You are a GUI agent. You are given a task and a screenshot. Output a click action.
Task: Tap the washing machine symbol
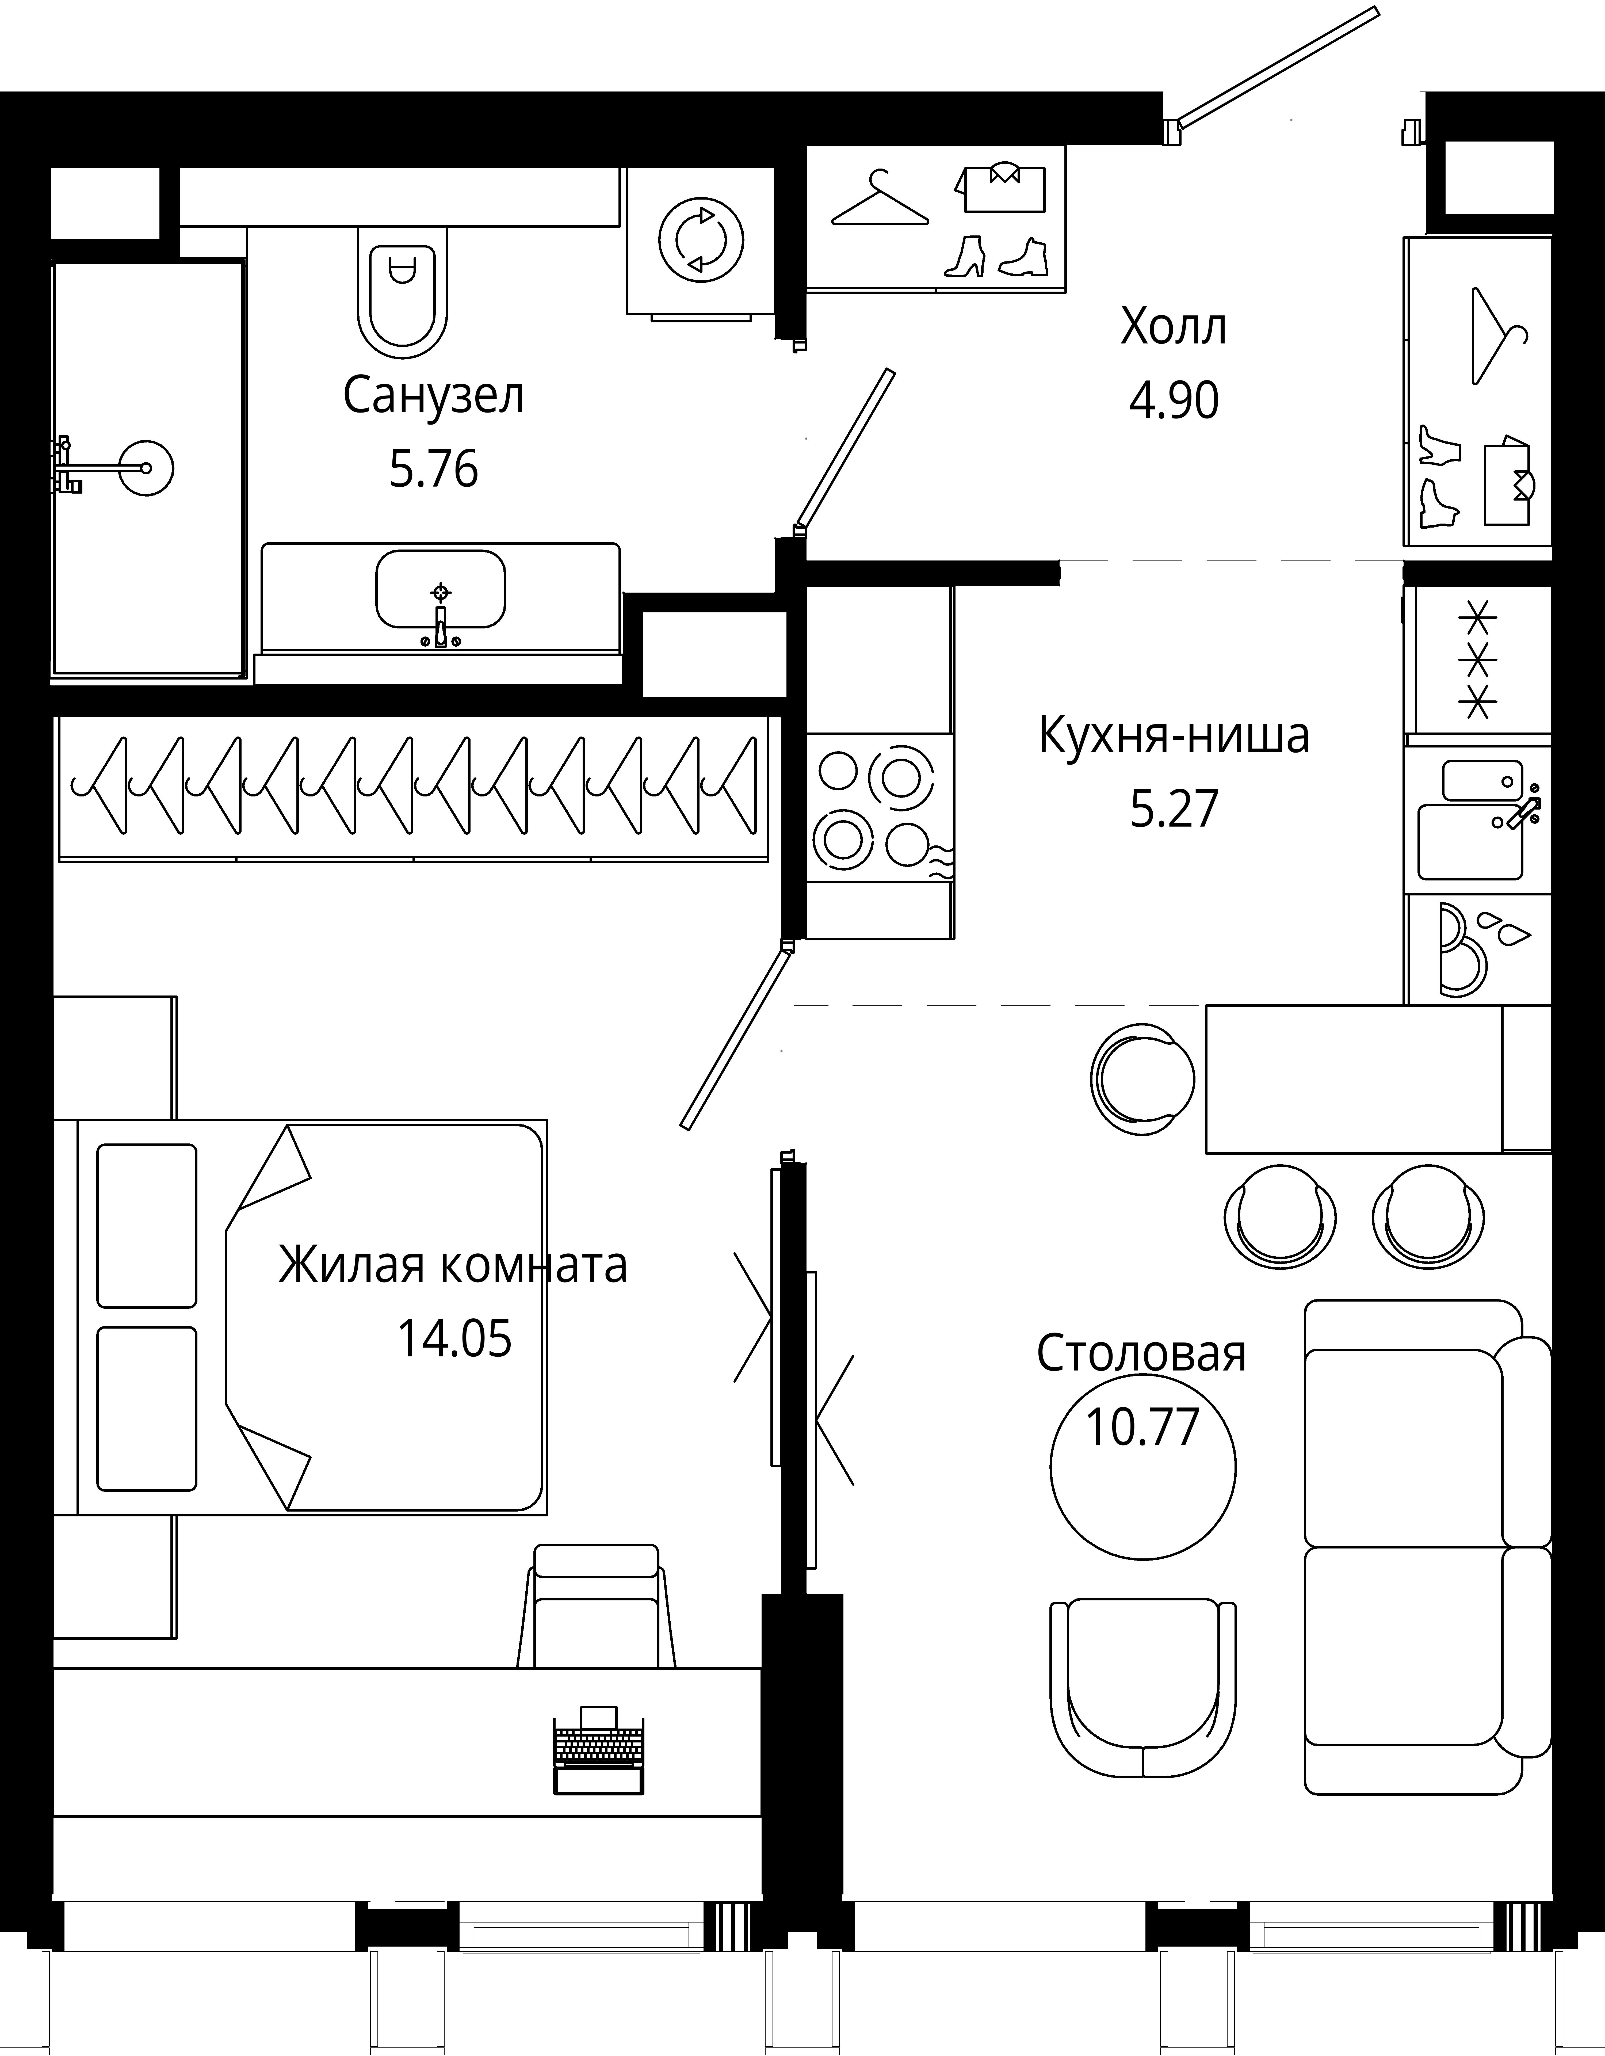coord(701,240)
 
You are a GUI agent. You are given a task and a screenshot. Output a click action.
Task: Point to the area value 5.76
coord(434,469)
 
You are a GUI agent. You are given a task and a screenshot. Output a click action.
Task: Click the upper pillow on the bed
coord(147,1226)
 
